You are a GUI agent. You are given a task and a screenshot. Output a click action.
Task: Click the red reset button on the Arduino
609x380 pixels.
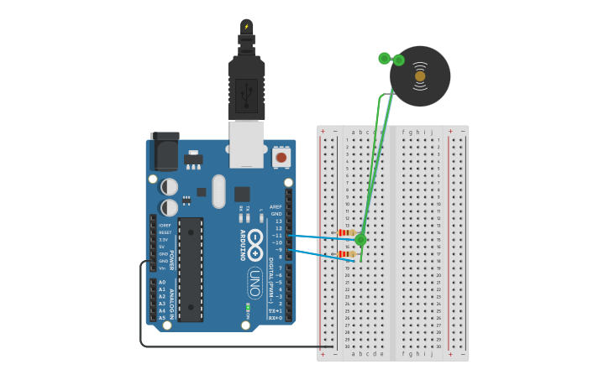coord(281,157)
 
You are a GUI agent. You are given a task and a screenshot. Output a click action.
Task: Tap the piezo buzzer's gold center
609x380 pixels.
coord(420,76)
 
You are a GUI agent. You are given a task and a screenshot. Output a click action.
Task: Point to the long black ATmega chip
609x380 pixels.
coord(191,269)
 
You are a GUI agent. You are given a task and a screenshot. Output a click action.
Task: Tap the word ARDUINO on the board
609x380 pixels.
coord(243,244)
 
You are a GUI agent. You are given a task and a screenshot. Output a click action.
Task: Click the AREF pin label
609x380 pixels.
coord(276,206)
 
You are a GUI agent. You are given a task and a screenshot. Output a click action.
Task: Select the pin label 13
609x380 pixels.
coord(278,221)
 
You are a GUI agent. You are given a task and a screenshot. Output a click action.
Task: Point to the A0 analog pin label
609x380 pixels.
coord(162,282)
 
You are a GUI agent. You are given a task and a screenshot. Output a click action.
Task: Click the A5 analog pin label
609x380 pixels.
coord(162,318)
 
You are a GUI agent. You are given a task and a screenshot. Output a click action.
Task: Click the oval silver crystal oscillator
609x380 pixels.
coord(219,191)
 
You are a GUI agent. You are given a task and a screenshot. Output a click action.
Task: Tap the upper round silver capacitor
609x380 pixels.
coord(170,187)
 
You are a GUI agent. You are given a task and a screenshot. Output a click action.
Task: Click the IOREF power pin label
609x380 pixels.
coord(165,226)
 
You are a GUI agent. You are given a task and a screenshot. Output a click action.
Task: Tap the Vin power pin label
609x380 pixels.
coord(162,268)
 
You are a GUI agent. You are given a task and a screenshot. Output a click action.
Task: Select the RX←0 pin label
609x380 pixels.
coord(275,318)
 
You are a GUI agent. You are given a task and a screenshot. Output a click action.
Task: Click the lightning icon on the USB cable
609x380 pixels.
coord(246,27)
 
